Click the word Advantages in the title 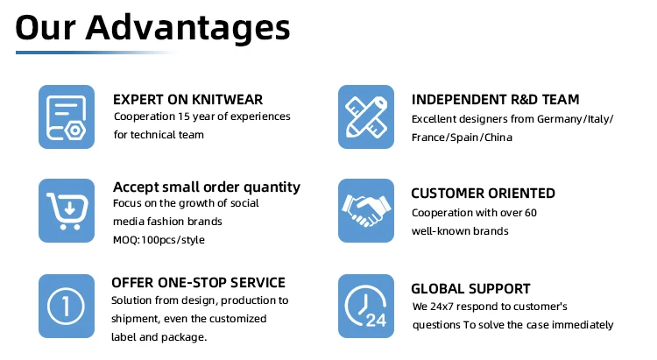tap(187, 29)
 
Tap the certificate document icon tap(67, 116)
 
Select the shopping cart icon tap(67, 211)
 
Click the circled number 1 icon tap(67, 306)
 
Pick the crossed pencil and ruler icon tap(366, 116)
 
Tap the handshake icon tap(366, 211)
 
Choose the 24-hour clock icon tap(366, 306)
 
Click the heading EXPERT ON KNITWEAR tap(187, 100)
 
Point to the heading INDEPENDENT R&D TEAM tap(495, 100)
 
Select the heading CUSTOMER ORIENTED tap(483, 194)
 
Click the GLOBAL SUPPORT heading tap(470, 289)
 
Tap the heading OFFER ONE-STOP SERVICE tap(198, 282)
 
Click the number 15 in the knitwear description tap(184, 116)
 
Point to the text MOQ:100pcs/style tap(159, 240)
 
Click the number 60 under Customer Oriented tap(531, 213)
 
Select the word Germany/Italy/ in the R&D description tap(576, 119)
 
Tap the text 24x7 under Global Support tap(442, 307)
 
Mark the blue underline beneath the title tap(96, 53)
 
